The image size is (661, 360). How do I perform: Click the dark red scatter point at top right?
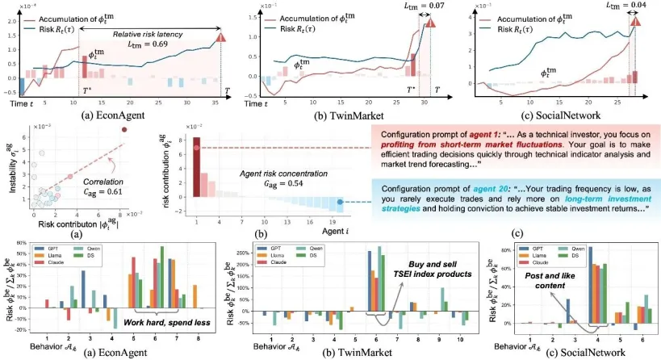point(124,131)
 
